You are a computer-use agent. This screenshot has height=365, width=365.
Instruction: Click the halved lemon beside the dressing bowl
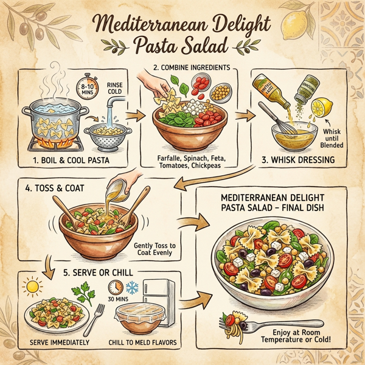[x=319, y=110]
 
